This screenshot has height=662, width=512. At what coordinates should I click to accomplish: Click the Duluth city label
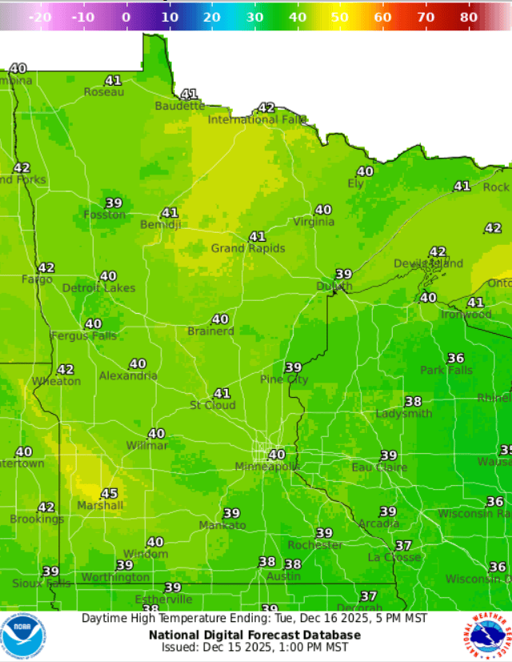334,287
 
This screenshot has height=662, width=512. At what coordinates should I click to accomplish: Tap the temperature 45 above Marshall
109,494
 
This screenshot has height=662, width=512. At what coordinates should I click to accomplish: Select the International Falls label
257,119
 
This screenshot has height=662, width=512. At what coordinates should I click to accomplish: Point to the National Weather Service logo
487,636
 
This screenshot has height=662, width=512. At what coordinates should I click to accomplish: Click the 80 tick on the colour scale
469,17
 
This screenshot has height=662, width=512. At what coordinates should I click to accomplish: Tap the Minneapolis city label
267,467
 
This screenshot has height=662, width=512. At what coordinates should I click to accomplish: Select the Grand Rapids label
248,248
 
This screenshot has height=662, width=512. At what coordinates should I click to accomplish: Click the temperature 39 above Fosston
114,203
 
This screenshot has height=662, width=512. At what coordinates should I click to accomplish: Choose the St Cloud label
213,405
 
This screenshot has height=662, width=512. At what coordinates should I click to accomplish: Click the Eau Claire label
380,467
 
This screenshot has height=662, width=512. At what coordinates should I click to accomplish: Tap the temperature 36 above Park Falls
456,358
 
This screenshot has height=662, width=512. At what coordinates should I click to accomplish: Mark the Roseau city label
104,92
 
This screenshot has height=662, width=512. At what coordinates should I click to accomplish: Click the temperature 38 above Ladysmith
413,402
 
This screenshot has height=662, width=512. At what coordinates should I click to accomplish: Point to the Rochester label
315,545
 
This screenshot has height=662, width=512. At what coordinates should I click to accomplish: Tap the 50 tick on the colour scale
340,17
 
